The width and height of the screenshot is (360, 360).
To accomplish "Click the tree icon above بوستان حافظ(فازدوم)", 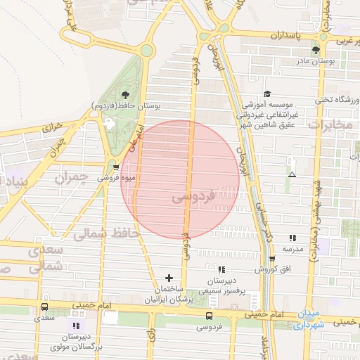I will (125, 94).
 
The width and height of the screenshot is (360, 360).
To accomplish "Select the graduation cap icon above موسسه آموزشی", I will (266, 94).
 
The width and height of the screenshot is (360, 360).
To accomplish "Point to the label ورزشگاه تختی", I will (337, 101).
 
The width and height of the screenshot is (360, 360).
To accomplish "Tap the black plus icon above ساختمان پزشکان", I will (168, 278).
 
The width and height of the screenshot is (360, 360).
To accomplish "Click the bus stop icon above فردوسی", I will (209, 316).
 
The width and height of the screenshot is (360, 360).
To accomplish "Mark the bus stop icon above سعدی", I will (45, 307).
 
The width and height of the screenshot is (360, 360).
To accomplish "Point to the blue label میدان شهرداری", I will (307, 319).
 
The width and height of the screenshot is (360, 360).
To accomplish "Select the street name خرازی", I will (53, 128).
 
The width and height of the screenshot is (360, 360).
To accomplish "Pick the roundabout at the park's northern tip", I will (146, 50).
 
